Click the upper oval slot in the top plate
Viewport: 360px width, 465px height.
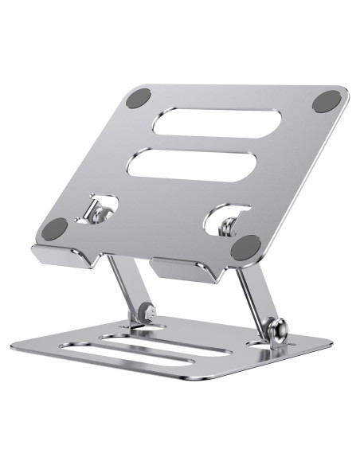[x=209, y=123]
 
